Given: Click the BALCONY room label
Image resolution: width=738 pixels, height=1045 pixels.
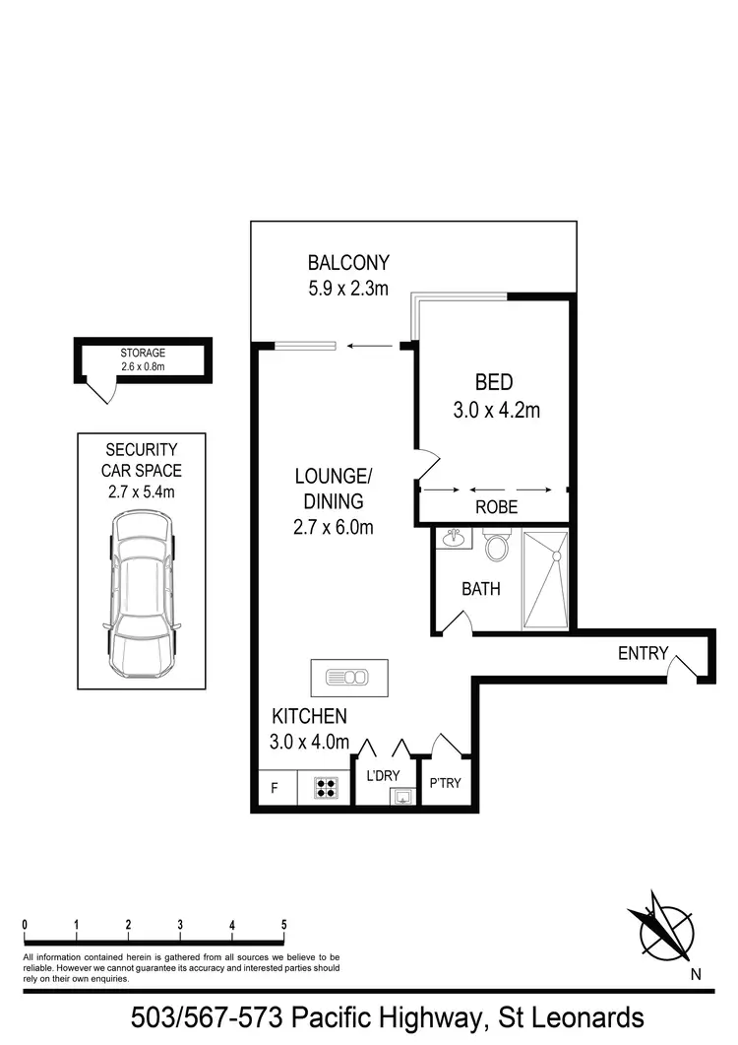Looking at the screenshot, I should click(348, 263).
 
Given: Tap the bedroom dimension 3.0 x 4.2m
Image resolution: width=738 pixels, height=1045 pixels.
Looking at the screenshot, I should click(496, 410).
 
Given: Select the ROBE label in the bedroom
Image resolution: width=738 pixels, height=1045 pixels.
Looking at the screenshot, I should click(496, 508).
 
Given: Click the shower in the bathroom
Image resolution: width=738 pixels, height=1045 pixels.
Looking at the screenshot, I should click(546, 580).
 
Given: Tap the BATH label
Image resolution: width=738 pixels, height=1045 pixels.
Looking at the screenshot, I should click(481, 589).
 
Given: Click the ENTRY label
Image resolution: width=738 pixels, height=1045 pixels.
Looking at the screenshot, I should click(643, 653).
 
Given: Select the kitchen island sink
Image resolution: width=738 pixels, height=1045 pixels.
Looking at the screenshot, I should click(349, 677).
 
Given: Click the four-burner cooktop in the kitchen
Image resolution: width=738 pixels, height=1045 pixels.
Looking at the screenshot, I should click(326, 788).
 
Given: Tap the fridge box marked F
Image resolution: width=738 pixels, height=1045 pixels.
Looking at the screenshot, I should click(275, 788).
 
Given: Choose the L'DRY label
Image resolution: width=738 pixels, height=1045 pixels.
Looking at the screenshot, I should click(384, 776).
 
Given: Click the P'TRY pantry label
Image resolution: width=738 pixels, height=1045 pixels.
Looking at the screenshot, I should click(445, 784).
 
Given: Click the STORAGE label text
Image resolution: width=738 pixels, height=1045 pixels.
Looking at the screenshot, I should click(143, 353).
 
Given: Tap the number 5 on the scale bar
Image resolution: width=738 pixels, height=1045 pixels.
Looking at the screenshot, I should click(284, 925).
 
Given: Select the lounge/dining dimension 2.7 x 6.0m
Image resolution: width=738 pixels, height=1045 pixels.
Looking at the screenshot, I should click(335, 527).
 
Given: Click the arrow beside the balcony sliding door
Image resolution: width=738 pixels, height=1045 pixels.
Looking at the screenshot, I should click(368, 346).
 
